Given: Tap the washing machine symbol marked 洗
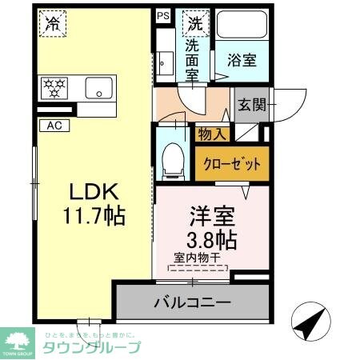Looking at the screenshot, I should tap(194, 23).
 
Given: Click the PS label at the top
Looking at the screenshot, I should tap(163, 14).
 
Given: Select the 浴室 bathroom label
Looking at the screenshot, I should tap(242, 60).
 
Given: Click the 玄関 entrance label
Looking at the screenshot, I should tap(252, 104).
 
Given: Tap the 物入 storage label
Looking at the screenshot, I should tap(212, 134).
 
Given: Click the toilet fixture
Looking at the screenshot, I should tap(172, 160).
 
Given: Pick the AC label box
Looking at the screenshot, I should tap(54, 126).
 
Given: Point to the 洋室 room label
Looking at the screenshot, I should tap(211, 214).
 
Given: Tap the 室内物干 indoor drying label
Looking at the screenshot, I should tap(198, 258).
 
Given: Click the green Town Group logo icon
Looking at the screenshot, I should tap(18, 340).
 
